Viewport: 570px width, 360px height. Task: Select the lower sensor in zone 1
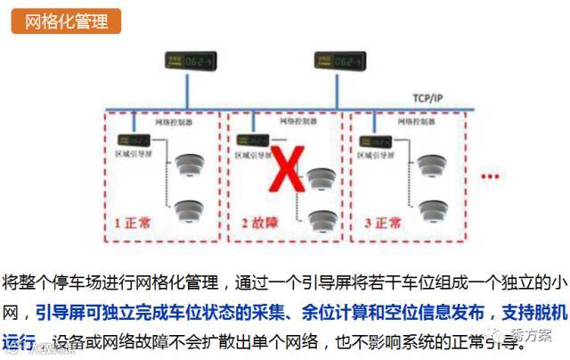189,211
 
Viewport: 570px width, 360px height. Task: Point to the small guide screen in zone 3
375,139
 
